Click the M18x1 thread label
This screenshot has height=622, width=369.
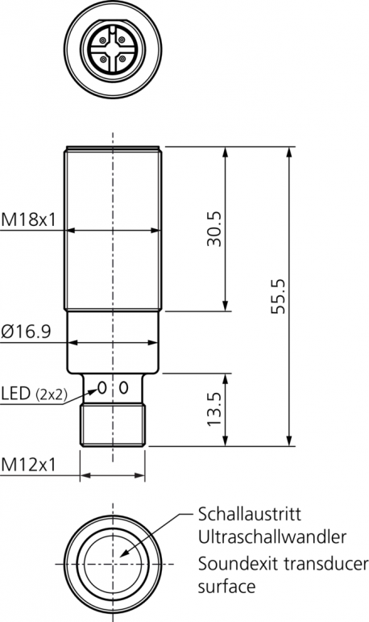coord(28,219)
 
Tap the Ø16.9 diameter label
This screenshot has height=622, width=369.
coord(26,332)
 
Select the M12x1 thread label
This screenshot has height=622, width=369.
coord(28,465)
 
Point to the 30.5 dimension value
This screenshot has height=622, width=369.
coord(214,229)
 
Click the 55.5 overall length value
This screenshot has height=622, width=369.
coord(278,296)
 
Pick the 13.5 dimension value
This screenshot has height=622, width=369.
coord(214,409)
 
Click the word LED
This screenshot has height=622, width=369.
coord(16,393)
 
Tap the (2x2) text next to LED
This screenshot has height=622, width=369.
coord(51,394)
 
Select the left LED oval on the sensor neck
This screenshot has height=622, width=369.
coord(102,387)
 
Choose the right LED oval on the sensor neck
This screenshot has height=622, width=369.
coord(123,387)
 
